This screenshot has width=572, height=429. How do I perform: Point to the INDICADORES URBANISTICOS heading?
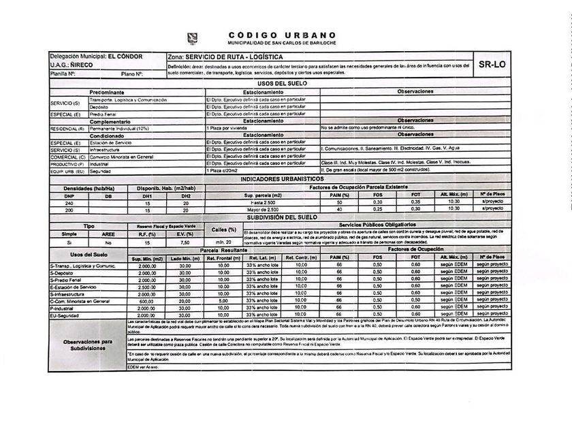tap(281, 178)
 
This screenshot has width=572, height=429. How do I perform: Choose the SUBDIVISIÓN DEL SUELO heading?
tap(281, 217)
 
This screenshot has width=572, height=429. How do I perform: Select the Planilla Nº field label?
tap(62, 73)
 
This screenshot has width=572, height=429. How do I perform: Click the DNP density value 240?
tap(69, 203)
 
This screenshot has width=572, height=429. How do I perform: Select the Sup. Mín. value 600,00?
tap(148, 300)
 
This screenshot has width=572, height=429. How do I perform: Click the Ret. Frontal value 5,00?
tap(223, 300)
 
